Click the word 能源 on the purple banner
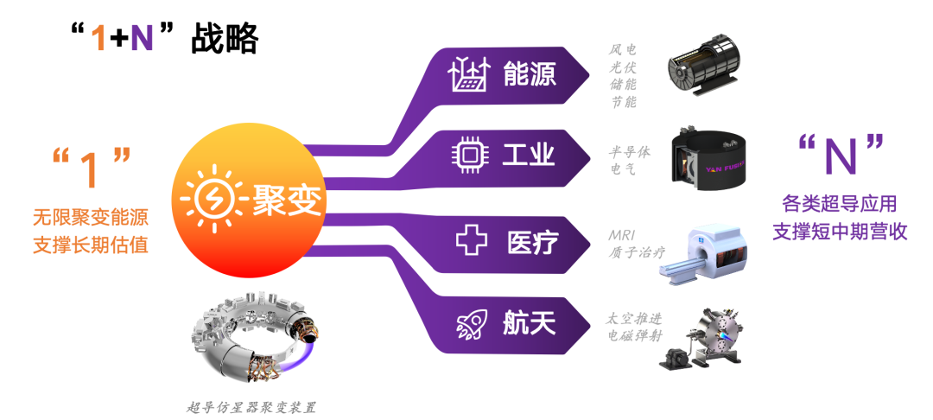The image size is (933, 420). (530, 75)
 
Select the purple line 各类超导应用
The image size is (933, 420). (839, 206)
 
